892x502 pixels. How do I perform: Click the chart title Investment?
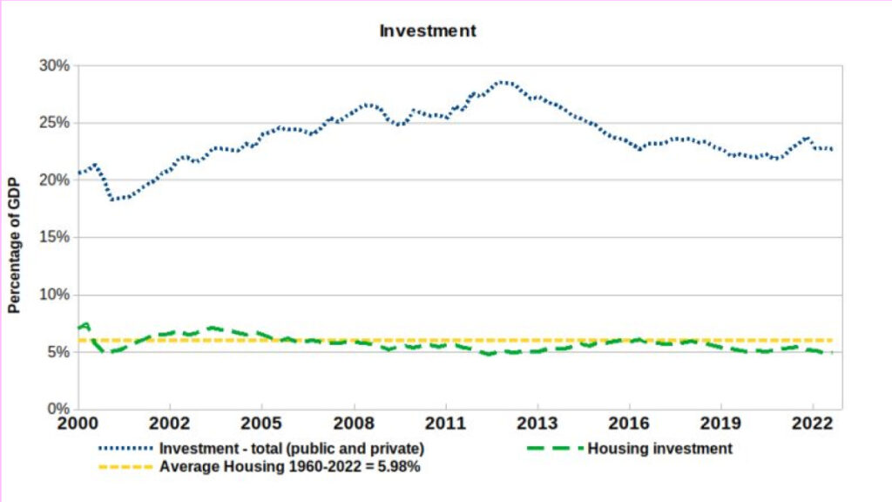pyautogui.click(x=428, y=31)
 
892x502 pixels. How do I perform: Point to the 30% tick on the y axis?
pyautogui.click(x=53, y=65)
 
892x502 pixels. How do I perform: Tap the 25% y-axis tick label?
pyautogui.click(x=53, y=123)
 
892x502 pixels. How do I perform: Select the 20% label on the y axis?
pyautogui.click(x=53, y=180)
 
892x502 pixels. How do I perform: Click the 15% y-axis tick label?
pyautogui.click(x=53, y=237)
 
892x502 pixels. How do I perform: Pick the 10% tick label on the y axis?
pyautogui.click(x=53, y=295)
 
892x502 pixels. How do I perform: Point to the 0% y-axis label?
pyautogui.click(x=57, y=409)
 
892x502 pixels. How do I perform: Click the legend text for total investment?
pyautogui.click(x=292, y=449)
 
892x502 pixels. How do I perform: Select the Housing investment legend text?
pyautogui.click(x=660, y=449)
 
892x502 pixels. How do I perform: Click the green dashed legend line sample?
pyautogui.click(x=555, y=449)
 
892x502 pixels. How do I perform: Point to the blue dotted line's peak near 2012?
pyautogui.click(x=503, y=82)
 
